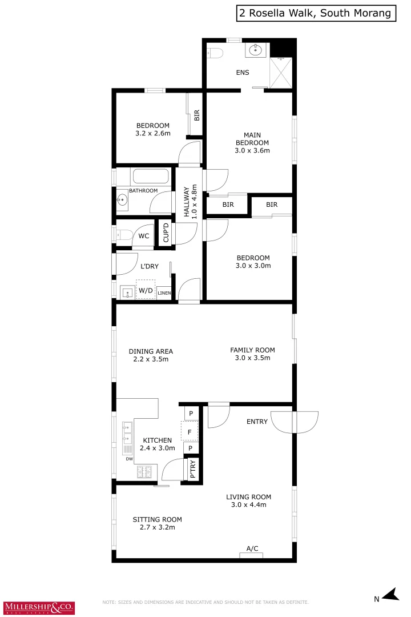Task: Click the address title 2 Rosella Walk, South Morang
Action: click(x=316, y=13)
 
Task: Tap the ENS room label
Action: click(x=243, y=73)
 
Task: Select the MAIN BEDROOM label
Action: click(x=252, y=143)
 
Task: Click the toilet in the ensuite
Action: click(x=215, y=54)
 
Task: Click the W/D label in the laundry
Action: click(x=146, y=290)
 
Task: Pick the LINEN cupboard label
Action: click(x=164, y=293)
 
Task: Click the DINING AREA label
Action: click(x=151, y=355)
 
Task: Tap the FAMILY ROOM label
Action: click(x=252, y=354)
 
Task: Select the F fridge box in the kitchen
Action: click(x=189, y=431)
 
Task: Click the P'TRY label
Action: click(x=192, y=469)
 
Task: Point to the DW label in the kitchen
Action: click(x=129, y=458)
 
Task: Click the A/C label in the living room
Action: click(x=252, y=548)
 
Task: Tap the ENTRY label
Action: click(x=257, y=422)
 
